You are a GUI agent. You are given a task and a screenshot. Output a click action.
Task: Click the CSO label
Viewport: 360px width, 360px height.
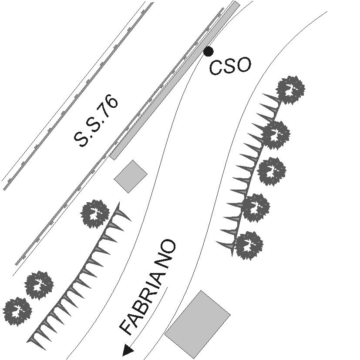tap(230, 67)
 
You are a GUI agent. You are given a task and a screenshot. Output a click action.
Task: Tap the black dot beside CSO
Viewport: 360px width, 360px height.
tap(209, 52)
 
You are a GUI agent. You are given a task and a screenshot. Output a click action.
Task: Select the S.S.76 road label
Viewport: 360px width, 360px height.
tap(96, 121)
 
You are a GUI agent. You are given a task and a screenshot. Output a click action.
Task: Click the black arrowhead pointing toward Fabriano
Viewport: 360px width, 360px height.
tap(128, 350)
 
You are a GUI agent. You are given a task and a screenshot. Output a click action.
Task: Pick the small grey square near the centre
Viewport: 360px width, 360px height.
tap(131, 176)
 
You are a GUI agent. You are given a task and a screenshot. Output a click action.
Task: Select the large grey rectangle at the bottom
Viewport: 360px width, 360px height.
tap(198, 324)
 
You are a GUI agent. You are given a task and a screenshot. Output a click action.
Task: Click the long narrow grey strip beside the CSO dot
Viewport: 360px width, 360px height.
tap(174, 80)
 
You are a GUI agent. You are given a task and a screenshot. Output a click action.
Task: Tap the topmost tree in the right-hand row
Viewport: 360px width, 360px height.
tap(291, 90)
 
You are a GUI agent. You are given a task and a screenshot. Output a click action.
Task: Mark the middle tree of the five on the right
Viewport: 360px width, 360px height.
tap(272, 171)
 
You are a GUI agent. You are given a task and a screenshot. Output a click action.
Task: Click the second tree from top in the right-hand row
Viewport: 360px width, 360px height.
tap(275, 135)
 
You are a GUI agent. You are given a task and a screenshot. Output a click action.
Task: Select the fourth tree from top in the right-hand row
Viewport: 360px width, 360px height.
tap(256, 207)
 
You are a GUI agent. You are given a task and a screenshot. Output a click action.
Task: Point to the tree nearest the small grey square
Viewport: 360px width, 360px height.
tap(95, 213)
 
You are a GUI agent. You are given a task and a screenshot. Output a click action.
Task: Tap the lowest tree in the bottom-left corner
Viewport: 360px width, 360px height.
tap(17, 311)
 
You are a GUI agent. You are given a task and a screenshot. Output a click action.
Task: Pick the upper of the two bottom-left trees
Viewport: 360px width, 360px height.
tap(39, 285)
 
